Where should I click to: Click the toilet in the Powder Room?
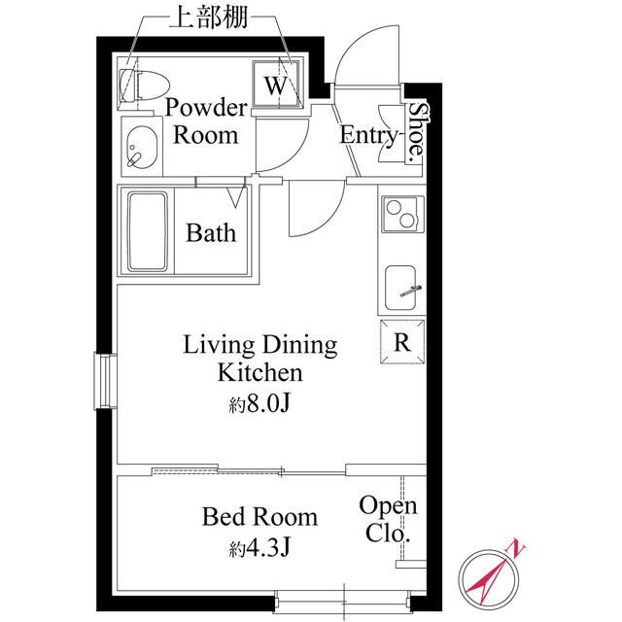tap(133, 85)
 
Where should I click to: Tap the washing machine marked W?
tap(276, 84)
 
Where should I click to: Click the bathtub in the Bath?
tap(147, 232)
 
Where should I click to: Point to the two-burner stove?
tap(401, 214)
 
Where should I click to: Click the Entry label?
tap(368, 135)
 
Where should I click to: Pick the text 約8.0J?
tap(259, 401)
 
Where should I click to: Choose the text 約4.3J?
tap(259, 547)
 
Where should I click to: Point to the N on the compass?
tap(518, 549)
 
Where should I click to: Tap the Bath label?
tap(211, 233)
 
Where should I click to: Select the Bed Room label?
tap(259, 516)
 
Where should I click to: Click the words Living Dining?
tap(259, 344)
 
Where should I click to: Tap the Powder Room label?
tap(205, 121)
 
